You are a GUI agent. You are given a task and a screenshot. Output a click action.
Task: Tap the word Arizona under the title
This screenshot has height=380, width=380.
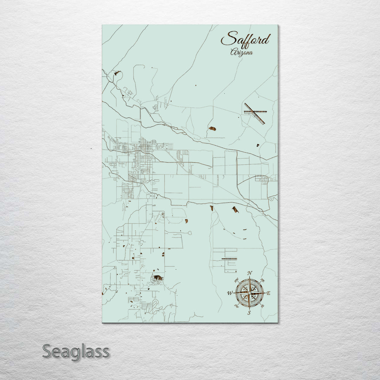tap(241, 52)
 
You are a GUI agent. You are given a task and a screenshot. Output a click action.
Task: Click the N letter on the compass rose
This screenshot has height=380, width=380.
tap(250, 273)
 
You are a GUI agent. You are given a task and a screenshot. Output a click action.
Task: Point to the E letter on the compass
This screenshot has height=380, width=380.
tap(268, 293)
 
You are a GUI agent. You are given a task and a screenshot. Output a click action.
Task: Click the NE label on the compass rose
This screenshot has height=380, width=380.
tap(262, 280)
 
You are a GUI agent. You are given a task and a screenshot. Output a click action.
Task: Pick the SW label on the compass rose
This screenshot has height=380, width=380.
tap(236, 306)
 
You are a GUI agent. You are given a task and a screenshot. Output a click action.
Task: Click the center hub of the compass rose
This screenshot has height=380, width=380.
tap(249, 293)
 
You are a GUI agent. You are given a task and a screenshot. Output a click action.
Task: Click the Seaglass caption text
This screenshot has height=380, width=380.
tap(76, 351)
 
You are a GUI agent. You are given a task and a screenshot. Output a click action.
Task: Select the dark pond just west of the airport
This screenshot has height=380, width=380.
tap(212, 128)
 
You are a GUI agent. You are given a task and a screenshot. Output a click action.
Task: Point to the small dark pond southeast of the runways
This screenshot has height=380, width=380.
tap(257, 145)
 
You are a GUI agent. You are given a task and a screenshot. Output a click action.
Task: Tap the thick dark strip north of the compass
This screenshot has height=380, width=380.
tap(229, 259)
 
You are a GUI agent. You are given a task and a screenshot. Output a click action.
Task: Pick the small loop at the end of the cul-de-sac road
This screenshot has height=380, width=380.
tap(190, 233)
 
